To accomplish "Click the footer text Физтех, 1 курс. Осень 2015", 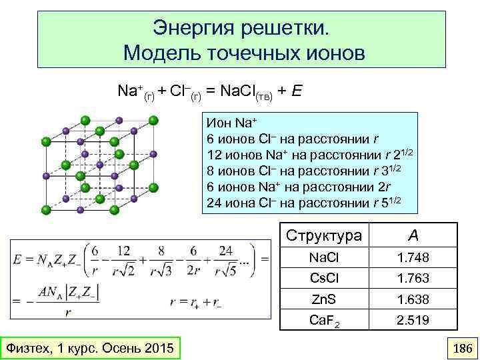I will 89,349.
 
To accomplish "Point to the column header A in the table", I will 413,235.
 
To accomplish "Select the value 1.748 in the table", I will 413,257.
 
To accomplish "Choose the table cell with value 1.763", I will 413,278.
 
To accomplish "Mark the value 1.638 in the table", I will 413,299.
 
